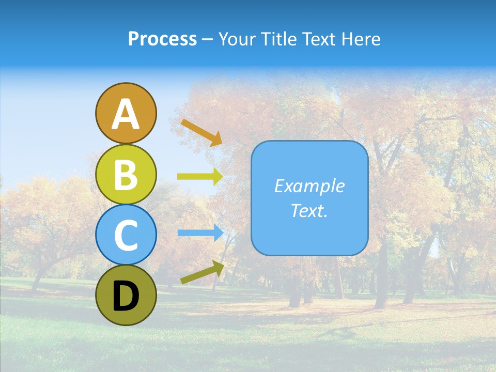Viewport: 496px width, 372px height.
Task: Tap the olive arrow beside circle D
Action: point(202,273)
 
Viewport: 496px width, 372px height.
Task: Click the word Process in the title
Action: point(162,39)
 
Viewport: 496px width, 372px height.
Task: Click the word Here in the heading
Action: point(361,39)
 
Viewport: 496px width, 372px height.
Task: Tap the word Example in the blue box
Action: point(309,186)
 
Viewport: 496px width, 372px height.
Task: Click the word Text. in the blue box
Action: point(309,211)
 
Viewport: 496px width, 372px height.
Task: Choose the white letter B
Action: point(126,175)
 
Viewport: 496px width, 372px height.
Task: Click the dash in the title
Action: point(207,39)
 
